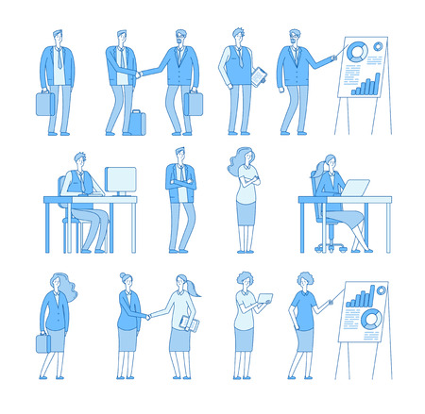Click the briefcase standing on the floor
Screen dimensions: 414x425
tap(136, 123)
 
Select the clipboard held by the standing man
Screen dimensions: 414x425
tap(258, 79)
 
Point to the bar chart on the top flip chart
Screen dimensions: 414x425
tap(365, 85)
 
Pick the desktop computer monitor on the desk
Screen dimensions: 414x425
tap(120, 180)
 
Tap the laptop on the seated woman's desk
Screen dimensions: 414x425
tap(355, 188)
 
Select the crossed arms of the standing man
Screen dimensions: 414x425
tap(180, 185)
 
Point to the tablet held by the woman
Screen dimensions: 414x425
tap(264, 300)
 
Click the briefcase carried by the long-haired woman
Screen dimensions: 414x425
tap(43, 342)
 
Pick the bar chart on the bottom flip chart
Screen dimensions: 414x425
tap(362, 299)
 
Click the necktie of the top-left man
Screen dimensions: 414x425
tap(59, 60)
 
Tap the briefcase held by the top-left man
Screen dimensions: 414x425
tap(45, 103)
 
